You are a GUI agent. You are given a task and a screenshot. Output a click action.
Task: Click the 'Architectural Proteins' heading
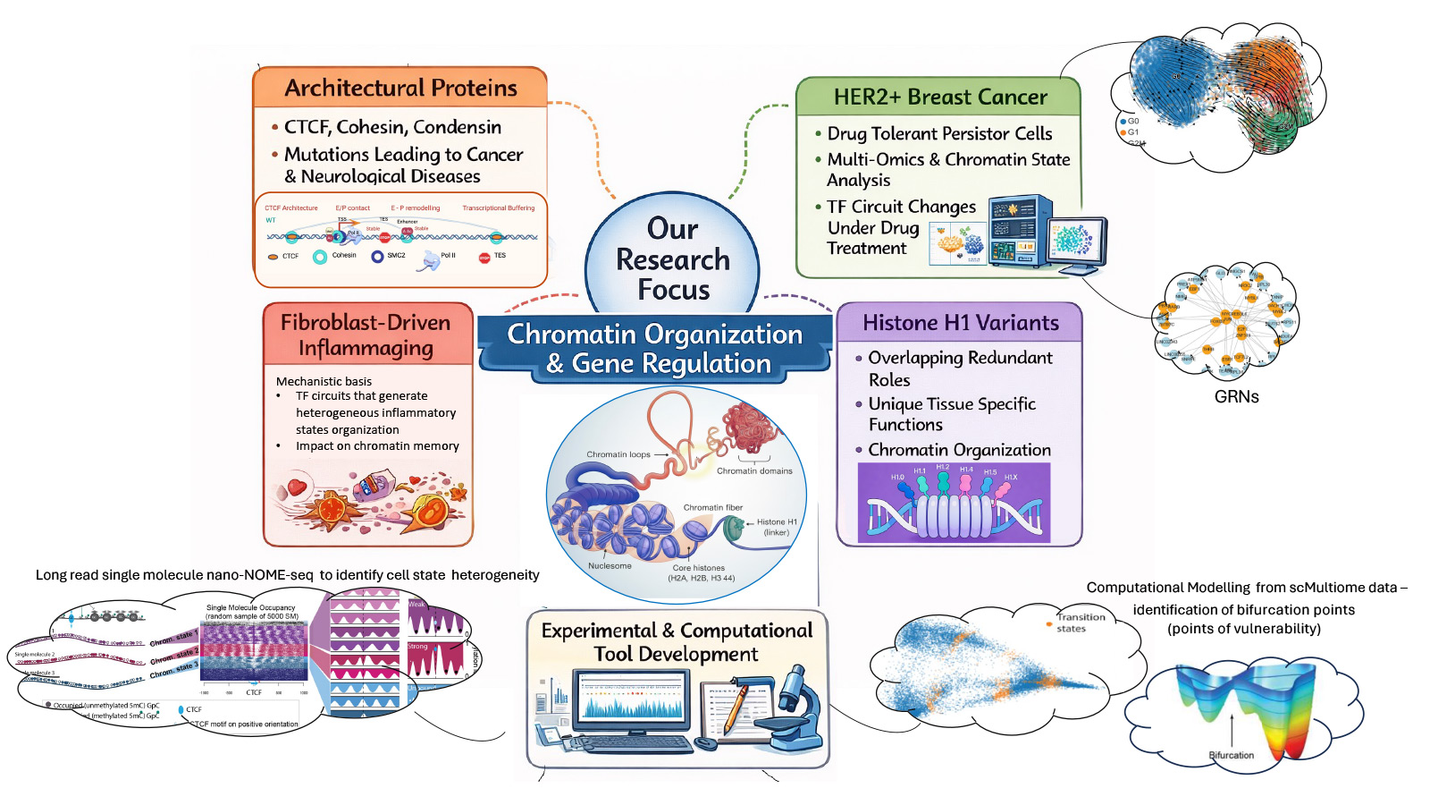click(x=400, y=88)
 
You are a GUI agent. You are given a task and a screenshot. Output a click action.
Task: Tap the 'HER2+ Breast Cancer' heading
click(x=939, y=97)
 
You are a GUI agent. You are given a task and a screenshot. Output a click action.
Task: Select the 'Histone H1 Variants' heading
click(x=960, y=323)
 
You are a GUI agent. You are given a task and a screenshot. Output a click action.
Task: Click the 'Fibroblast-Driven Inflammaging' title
click(x=366, y=335)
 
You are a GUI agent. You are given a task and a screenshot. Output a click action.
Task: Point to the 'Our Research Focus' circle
click(x=672, y=259)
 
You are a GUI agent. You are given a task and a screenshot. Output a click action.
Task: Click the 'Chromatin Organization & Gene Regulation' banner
click(x=655, y=348)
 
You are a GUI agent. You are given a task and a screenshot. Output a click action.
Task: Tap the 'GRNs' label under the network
click(x=1236, y=396)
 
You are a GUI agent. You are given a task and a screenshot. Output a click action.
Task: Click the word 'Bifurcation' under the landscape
click(x=1231, y=755)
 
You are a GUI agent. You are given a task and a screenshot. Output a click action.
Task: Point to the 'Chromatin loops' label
click(x=618, y=454)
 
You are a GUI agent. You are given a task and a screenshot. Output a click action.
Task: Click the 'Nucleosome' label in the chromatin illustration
click(x=610, y=566)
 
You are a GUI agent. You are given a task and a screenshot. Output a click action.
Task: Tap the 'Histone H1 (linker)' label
click(x=776, y=527)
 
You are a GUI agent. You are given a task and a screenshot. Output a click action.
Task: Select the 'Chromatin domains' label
click(x=754, y=470)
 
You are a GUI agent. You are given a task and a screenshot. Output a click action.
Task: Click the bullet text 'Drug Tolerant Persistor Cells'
click(x=939, y=133)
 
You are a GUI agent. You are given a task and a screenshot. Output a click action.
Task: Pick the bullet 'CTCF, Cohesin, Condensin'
click(x=392, y=127)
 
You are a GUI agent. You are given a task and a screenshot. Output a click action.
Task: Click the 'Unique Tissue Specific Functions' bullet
click(x=951, y=414)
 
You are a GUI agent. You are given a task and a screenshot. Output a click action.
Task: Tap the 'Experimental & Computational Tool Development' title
click(x=677, y=642)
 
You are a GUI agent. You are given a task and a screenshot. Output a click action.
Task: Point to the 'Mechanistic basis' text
click(x=324, y=381)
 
